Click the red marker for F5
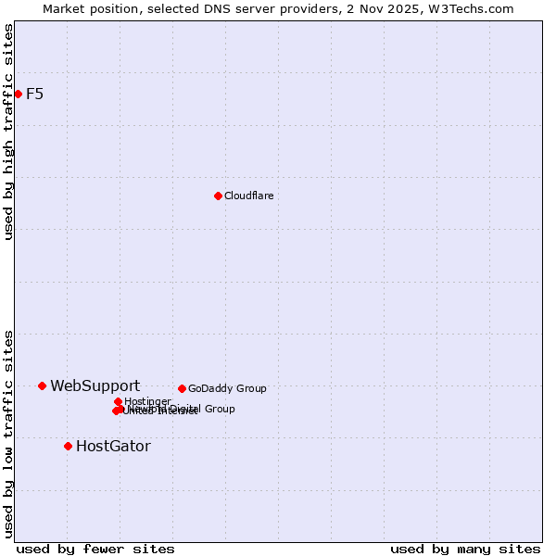18,94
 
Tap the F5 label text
35,94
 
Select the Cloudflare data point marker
218,196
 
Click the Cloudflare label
248,196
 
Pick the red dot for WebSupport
42,385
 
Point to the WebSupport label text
95,385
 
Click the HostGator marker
68,446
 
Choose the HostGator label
113,446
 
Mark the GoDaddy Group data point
182,388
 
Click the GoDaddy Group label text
227,388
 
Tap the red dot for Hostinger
118,401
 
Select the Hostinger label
147,401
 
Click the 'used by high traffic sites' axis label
8,132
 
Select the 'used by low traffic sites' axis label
8,434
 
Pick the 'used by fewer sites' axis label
95,549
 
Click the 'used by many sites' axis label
465,549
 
